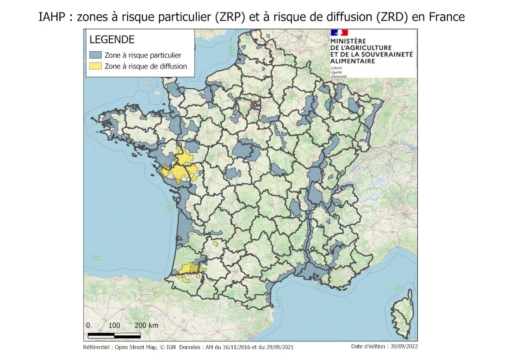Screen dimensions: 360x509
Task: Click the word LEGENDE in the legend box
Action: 112,40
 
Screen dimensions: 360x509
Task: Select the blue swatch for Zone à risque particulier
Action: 95,55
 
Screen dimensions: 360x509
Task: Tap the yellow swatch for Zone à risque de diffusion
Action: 95,66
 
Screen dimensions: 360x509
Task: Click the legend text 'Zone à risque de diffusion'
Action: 146,66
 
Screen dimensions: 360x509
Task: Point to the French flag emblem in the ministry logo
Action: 339,33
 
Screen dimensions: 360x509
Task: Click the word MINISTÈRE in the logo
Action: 348,41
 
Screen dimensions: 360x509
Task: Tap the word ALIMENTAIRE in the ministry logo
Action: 353,61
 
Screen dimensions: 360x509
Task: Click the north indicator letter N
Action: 267,36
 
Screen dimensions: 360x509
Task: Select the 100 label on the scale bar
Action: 114,325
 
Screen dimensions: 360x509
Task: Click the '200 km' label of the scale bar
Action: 146,325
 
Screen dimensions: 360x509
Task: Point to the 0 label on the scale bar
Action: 88,325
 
